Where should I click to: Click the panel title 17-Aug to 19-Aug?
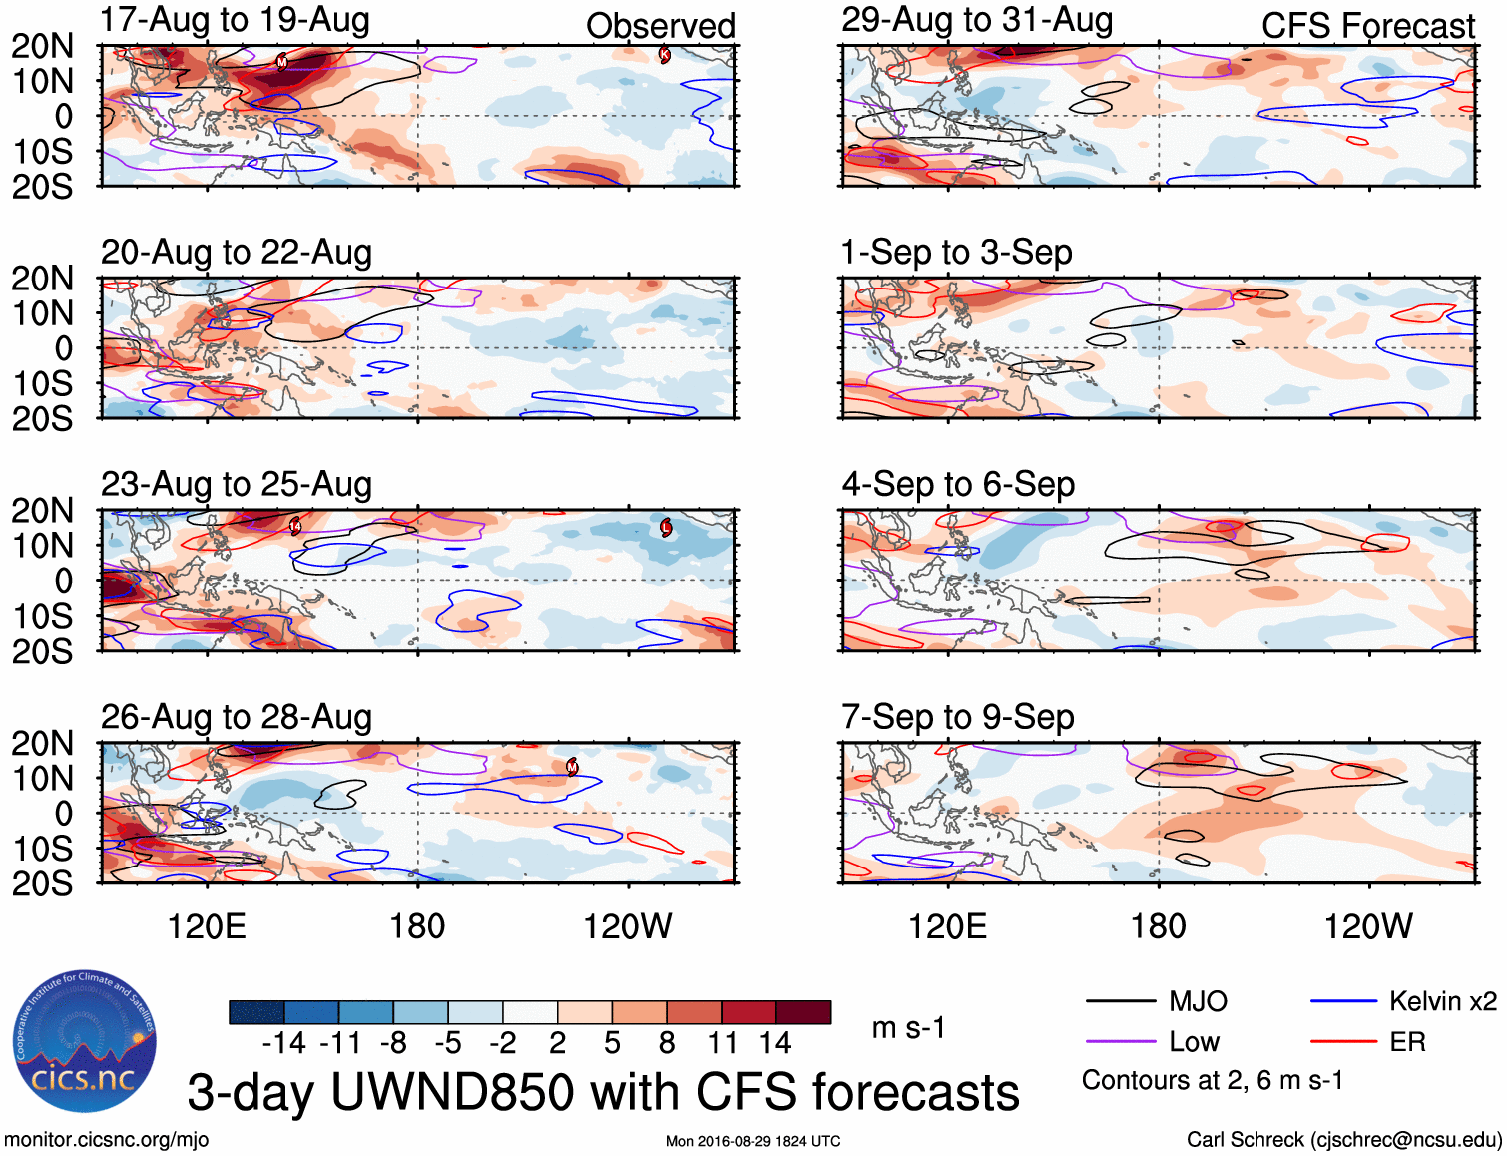tap(236, 20)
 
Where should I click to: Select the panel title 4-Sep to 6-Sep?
tap(958, 485)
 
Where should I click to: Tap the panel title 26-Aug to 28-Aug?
tap(237, 717)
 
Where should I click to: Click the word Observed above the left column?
tap(660, 26)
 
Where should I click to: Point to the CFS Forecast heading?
tap(1367, 26)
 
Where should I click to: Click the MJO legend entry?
tap(1198, 1001)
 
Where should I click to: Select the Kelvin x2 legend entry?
tap(1442, 1001)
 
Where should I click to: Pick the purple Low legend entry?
tap(1194, 1042)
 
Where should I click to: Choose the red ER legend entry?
tap(1407, 1042)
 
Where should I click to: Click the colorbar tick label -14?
tap(283, 1043)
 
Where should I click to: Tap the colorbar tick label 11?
tap(722, 1043)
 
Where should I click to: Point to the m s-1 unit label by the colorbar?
tap(908, 1027)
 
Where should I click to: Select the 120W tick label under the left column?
tap(628, 926)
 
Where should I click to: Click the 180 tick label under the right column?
tap(1158, 926)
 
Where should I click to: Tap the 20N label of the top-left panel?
tap(42, 46)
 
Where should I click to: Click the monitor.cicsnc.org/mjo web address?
tap(107, 1140)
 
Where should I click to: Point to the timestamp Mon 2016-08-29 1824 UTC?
tap(753, 1141)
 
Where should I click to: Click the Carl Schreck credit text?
tap(1343, 1140)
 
